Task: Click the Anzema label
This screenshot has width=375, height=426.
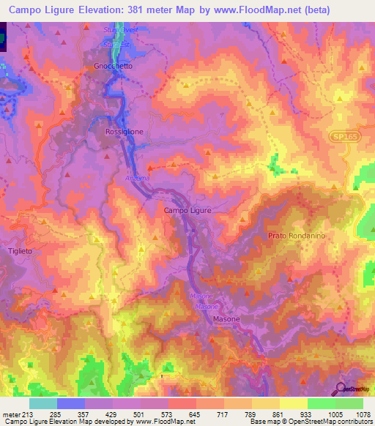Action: point(137,178)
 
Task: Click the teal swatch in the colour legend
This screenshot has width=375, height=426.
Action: point(43,403)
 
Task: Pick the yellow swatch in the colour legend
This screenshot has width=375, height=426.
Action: point(294,403)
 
